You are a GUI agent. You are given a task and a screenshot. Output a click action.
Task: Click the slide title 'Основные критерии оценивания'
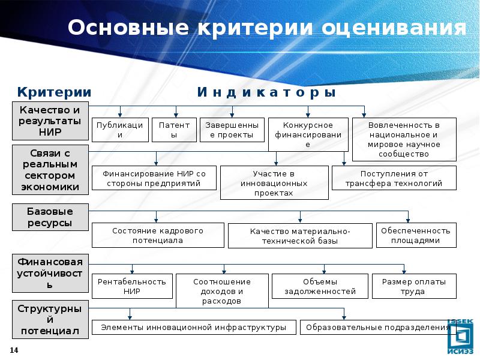[266, 28]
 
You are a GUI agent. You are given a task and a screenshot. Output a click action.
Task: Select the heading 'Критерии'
[54, 92]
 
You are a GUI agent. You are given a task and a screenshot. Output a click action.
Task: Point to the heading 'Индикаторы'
[266, 92]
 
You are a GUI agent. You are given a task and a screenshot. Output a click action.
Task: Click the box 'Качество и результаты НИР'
[50, 121]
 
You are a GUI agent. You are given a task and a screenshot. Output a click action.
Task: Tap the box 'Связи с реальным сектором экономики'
[50, 169]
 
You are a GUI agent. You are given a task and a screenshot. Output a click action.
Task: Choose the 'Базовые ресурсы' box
[50, 217]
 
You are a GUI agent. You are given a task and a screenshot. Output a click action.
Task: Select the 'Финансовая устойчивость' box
[50, 272]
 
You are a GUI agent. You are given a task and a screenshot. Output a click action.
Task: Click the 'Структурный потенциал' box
[50, 320]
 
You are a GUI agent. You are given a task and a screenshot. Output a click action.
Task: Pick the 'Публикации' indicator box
[120, 130]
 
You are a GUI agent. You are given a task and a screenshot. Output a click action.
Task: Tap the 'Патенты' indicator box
[174, 130]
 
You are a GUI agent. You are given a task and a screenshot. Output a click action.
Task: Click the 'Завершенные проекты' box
[232, 130]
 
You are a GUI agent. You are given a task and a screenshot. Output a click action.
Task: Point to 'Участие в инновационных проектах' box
[274, 183]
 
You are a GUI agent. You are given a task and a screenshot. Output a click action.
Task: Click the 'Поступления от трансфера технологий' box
[394, 178]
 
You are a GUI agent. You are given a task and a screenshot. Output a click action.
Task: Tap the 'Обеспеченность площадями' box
[416, 235]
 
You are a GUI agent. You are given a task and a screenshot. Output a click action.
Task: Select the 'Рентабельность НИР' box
[132, 286]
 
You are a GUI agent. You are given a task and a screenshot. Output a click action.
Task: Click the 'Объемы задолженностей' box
[320, 286]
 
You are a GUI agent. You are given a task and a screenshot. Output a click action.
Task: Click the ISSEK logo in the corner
[461, 333]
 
